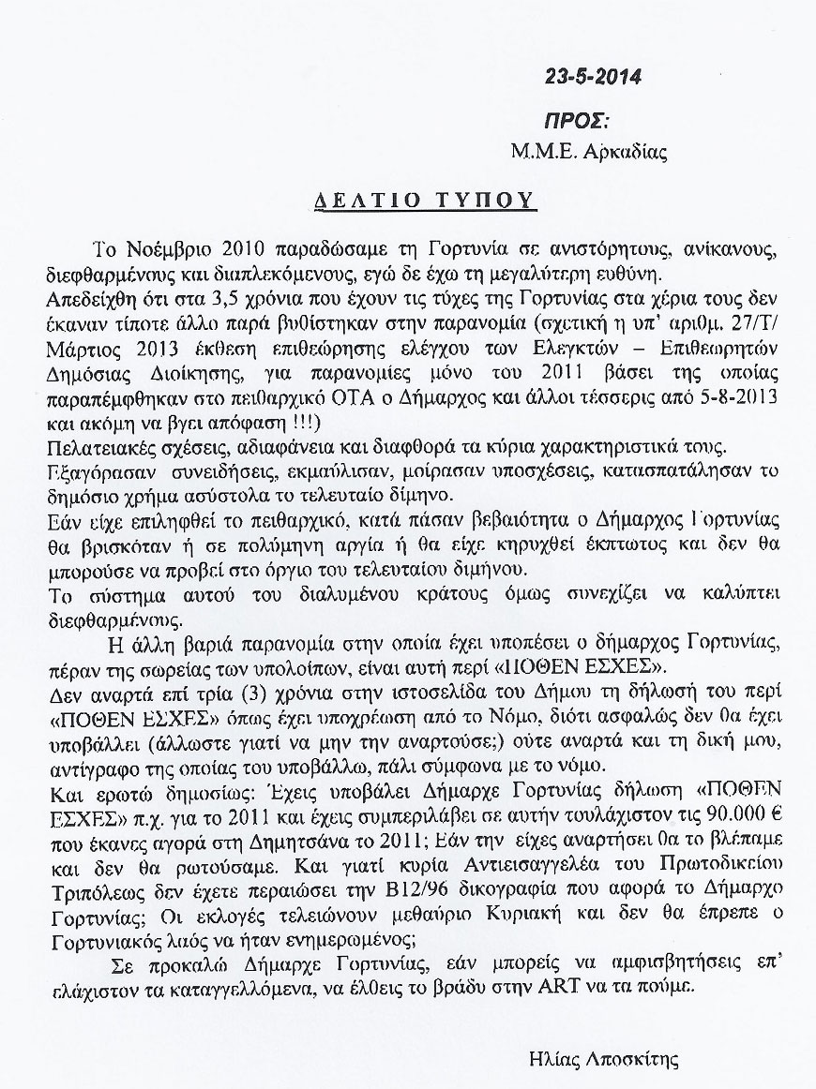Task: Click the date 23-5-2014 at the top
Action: [x=593, y=77]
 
